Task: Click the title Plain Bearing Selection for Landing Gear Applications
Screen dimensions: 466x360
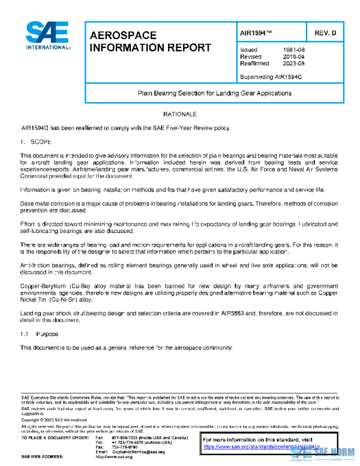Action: tap(214, 94)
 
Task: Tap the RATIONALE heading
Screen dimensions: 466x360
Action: tap(179, 113)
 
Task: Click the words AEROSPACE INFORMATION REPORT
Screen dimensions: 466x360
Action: tap(150, 42)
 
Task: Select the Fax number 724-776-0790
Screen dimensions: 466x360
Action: tap(125, 447)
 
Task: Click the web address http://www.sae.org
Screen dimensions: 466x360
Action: tap(114, 458)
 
